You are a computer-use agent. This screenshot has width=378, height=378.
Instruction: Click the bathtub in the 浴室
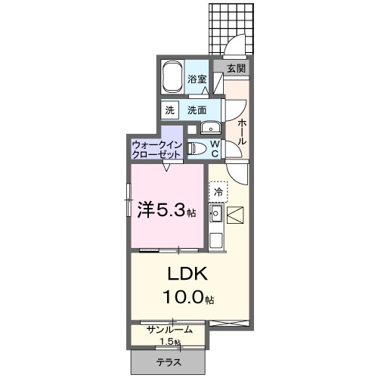tap(175, 75)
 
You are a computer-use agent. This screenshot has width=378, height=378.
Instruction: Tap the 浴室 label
tap(197, 79)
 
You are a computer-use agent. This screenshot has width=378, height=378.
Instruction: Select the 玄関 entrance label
tap(236, 68)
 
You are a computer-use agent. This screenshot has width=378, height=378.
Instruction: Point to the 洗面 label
tap(197, 110)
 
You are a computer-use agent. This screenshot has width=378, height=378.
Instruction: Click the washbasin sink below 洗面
tap(206, 127)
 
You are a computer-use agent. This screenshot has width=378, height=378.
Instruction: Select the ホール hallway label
tap(240, 131)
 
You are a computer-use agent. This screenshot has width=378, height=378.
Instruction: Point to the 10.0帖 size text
tap(186, 299)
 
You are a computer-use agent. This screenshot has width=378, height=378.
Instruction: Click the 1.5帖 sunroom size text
tap(170, 342)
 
